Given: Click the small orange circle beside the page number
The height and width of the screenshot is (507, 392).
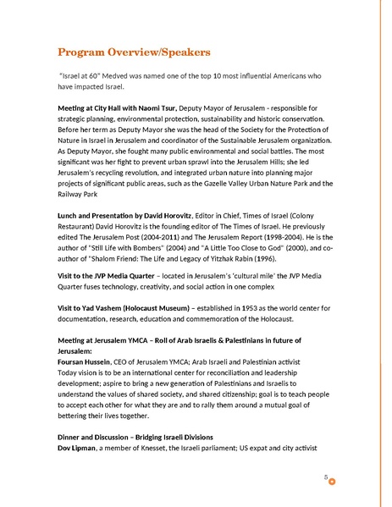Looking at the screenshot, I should coord(332,482).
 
